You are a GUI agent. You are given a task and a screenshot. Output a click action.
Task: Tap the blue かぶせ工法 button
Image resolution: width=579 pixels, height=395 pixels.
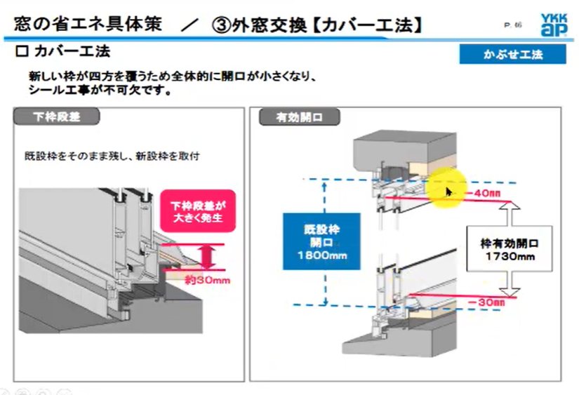(x=503, y=55)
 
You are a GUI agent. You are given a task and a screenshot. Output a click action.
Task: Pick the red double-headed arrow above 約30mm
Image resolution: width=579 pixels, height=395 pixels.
(x=207, y=257)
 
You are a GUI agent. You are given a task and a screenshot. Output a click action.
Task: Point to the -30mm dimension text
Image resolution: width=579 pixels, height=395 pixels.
(x=492, y=302)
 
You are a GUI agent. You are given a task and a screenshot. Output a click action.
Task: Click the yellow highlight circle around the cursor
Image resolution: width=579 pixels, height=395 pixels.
(x=448, y=188)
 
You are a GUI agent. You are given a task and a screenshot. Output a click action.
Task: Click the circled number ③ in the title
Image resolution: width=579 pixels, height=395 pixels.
(x=218, y=25)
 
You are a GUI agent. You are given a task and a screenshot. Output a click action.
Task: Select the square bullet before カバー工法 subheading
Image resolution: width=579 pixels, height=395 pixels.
(x=21, y=53)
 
